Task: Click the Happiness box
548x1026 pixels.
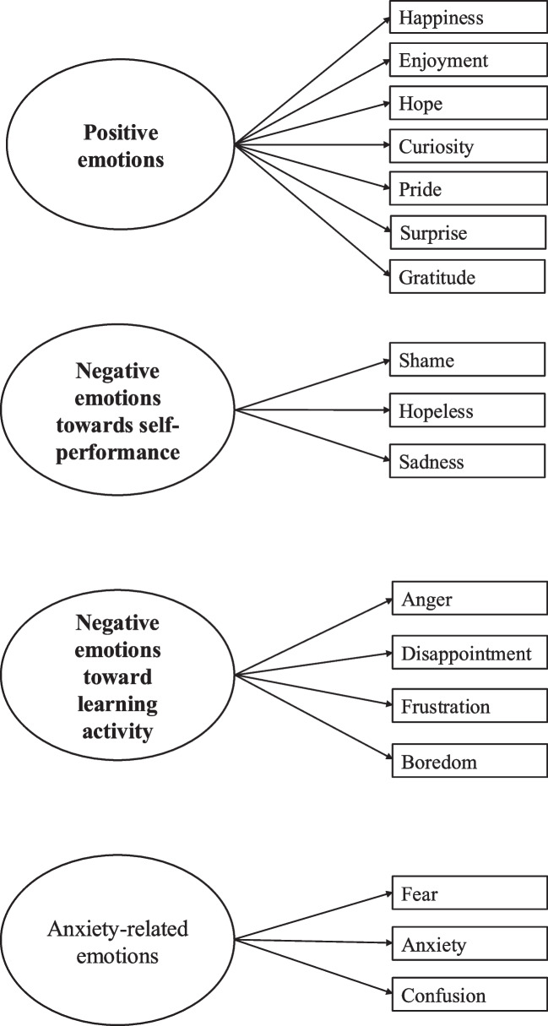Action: point(467,17)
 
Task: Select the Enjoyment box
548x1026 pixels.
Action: point(467,61)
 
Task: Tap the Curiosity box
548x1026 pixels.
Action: point(467,147)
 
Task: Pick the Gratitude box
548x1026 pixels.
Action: point(467,276)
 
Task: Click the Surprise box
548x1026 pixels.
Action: point(467,233)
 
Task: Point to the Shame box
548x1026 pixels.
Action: point(467,361)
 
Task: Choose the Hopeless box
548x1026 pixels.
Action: point(467,411)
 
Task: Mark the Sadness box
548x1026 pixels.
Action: point(467,462)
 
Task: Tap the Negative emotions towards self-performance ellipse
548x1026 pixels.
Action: point(117,411)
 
